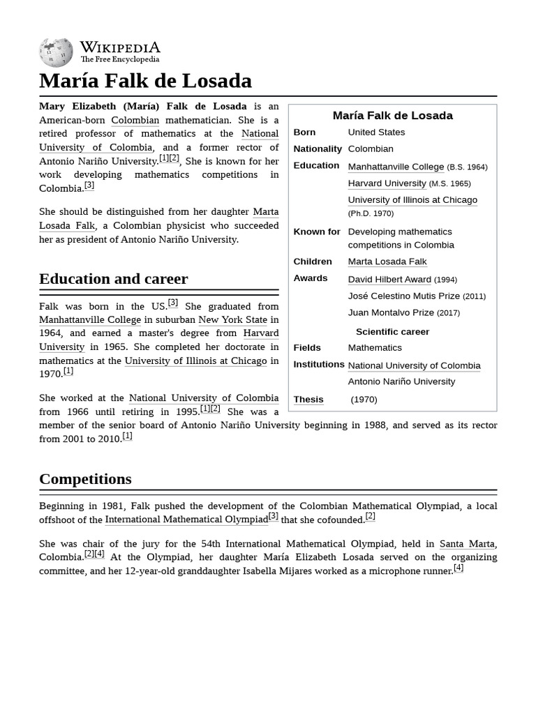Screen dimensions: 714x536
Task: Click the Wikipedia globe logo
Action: pos(56,52)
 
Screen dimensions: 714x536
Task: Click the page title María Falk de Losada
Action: pos(145,81)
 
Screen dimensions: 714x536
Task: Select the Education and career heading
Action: pos(113,279)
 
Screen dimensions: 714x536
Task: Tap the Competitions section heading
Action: pos(85,479)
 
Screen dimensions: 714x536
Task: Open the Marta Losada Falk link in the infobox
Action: pos(387,261)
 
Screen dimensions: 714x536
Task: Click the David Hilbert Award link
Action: pos(389,279)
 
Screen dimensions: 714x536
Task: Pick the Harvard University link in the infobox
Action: pos(387,183)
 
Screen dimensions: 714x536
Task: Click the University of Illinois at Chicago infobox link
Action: pos(412,199)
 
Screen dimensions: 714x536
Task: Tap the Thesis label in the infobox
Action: pos(308,400)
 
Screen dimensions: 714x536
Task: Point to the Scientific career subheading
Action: pos(392,332)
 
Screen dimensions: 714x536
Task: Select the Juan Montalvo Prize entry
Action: pos(391,312)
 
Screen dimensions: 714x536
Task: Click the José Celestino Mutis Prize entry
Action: pos(403,296)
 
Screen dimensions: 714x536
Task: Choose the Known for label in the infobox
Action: pos(317,231)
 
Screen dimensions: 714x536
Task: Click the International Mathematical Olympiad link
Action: pos(186,519)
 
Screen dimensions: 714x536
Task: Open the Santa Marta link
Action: pos(467,544)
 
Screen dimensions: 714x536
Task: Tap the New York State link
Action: pos(232,320)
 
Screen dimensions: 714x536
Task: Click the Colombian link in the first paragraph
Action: pos(135,120)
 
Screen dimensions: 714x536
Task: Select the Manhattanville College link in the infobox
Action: pos(396,167)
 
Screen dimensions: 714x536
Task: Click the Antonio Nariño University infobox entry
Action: pos(401,381)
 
